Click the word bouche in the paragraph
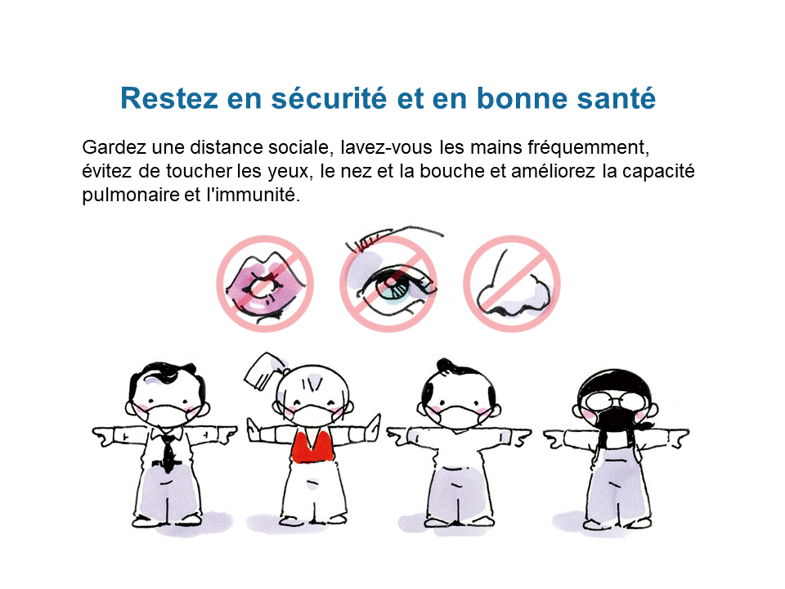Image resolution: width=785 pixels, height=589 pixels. [451, 171]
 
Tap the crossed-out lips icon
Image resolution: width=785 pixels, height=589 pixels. [265, 284]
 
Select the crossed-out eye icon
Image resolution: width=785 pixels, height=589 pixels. [388, 284]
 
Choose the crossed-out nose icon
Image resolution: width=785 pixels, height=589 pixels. [512, 284]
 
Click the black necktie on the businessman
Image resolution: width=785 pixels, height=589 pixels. [168, 452]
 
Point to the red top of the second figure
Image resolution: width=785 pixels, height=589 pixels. [313, 447]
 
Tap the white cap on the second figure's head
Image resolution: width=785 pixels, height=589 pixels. [264, 371]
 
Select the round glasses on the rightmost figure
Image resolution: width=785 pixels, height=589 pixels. [614, 401]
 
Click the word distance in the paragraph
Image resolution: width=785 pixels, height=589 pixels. [227, 147]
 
